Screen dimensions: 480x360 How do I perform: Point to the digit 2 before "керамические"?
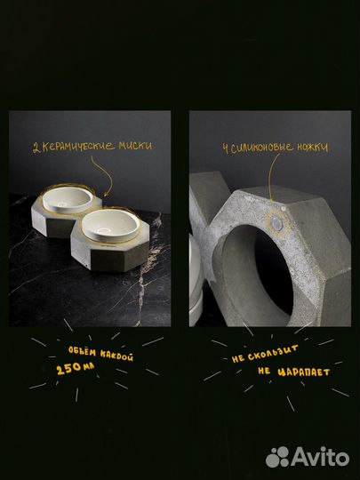36,148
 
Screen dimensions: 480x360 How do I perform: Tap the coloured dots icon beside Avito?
278,456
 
